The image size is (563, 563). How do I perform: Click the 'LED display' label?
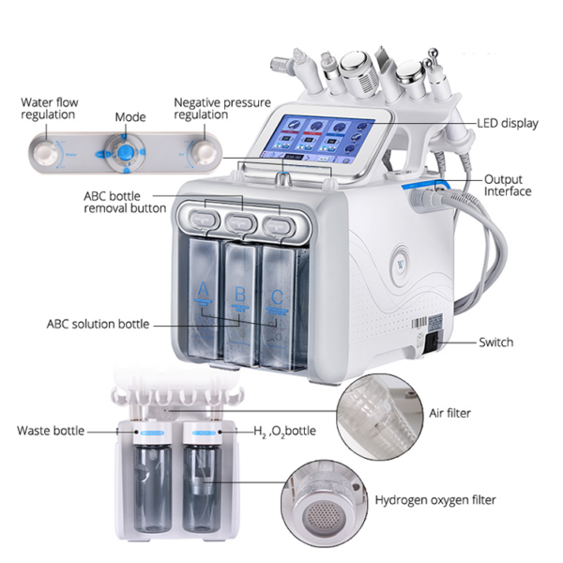pyautogui.click(x=508, y=123)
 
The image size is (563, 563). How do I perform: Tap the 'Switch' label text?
pyautogui.click(x=495, y=342)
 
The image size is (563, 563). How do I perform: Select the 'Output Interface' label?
pyautogui.click(x=508, y=185)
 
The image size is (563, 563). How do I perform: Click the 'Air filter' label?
pyautogui.click(x=449, y=413)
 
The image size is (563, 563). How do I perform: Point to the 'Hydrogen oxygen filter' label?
pyautogui.click(x=435, y=500)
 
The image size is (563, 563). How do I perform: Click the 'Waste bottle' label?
pyautogui.click(x=51, y=431)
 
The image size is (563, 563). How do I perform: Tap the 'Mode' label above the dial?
pyautogui.click(x=130, y=117)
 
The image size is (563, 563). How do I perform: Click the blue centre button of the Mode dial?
pyautogui.click(x=126, y=153)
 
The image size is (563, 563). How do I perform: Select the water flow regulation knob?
pyautogui.click(x=46, y=153)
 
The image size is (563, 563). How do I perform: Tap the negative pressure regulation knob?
pyautogui.click(x=205, y=153)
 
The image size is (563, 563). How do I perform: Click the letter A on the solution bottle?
pyautogui.click(x=203, y=289)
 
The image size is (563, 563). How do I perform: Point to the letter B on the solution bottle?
pyautogui.click(x=239, y=294)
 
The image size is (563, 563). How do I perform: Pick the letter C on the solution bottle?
pyautogui.click(x=277, y=297)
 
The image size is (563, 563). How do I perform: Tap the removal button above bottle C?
pyautogui.click(x=279, y=225)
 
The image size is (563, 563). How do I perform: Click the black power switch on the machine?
pyautogui.click(x=434, y=342)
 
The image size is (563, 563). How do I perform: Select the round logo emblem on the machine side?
pyautogui.click(x=400, y=265)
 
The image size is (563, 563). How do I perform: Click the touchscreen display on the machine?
pyautogui.click(x=318, y=138)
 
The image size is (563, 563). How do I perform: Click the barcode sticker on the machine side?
pyautogui.click(x=419, y=323)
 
